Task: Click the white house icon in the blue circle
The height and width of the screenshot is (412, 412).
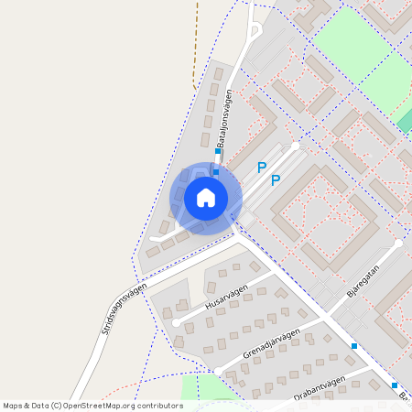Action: [206, 197]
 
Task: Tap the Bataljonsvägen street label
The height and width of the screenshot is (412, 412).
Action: [224, 124]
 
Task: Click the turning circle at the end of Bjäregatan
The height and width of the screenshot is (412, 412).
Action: [398, 244]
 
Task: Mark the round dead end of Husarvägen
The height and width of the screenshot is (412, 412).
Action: [176, 322]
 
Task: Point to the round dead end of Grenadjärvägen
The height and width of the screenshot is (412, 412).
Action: [218, 370]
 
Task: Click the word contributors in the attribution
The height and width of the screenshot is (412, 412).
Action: [154, 405]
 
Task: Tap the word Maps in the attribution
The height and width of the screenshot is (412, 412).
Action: [13, 405]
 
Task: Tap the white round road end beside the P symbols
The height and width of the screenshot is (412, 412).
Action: [295, 145]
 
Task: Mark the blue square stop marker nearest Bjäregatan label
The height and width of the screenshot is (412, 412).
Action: [354, 346]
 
